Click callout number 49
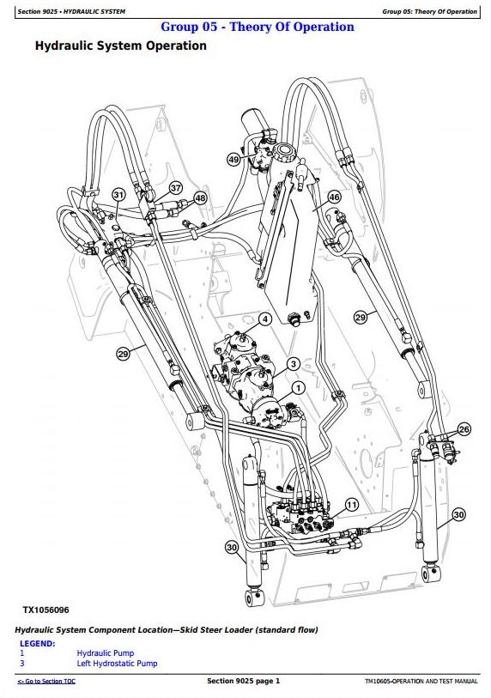click(233, 159)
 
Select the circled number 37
click(176, 188)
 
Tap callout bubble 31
click(118, 195)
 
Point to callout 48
click(200, 198)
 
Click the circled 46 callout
click(334, 197)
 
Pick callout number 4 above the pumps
click(265, 319)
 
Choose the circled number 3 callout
click(293, 364)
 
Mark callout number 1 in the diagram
click(298, 388)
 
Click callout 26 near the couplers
click(464, 429)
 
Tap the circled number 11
click(352, 505)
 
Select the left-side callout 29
click(123, 354)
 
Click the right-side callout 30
click(458, 515)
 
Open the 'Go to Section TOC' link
click(46, 681)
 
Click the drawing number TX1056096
click(45, 610)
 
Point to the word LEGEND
click(38, 644)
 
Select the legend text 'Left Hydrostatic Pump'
click(117, 664)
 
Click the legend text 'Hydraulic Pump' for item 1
click(105, 653)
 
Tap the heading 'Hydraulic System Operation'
click(121, 46)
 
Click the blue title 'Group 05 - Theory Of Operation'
click(258, 27)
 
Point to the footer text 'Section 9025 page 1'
click(244, 681)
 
